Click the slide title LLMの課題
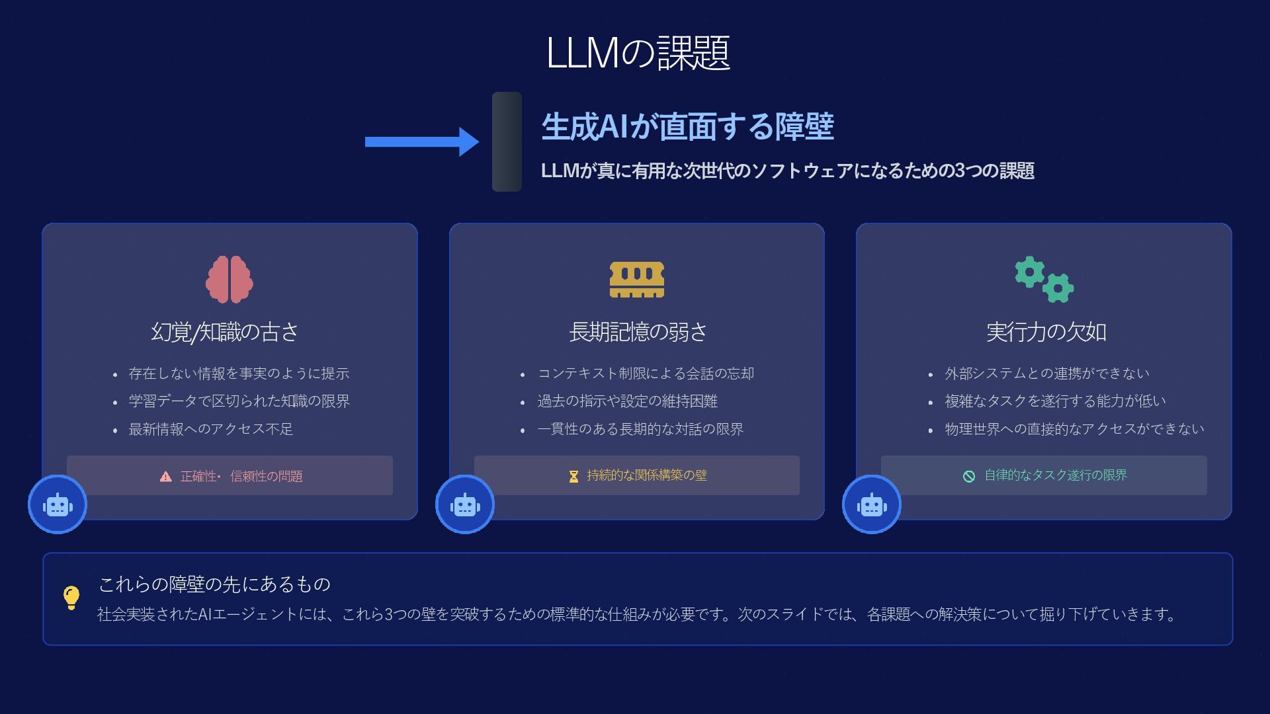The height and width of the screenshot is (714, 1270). pos(638,53)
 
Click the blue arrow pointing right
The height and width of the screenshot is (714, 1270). pos(421,141)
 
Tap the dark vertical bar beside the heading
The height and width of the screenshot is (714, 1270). pos(507,141)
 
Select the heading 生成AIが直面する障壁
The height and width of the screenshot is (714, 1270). pos(687,126)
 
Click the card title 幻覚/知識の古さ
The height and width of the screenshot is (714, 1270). pos(225,332)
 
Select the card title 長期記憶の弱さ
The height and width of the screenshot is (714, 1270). pos(638,332)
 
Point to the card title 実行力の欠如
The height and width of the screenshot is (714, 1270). pos(1046,332)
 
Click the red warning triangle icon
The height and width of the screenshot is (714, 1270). pos(166,477)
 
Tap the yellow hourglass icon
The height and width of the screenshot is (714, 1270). pos(573,476)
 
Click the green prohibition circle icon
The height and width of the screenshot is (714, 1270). pos(969,476)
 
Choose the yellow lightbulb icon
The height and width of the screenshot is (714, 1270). pos(71,598)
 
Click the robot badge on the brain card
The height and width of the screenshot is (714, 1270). pos(58,505)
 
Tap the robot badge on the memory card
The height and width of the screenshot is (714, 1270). pos(465,505)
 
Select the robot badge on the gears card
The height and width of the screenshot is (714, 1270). pos(872,505)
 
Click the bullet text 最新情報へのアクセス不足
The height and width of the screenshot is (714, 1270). pos(210,429)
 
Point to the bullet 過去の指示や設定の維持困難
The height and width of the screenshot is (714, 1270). pos(627,401)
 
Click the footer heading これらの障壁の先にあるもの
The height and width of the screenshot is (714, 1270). pos(214,584)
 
